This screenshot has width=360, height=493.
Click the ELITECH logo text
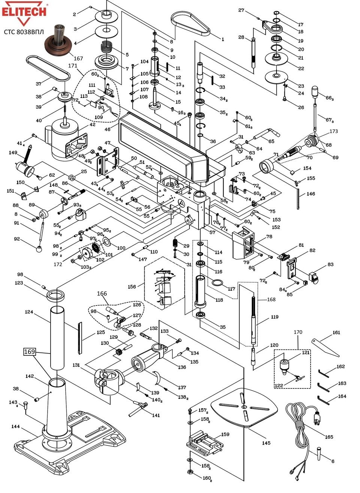point(24,11)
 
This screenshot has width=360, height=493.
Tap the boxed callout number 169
point(29,352)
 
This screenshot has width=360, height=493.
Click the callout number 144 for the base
point(15,427)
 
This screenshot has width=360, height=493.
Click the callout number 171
point(72,66)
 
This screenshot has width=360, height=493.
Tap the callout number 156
point(132,286)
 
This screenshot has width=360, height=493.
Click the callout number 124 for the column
point(29,312)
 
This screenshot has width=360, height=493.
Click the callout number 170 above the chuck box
point(298,332)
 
